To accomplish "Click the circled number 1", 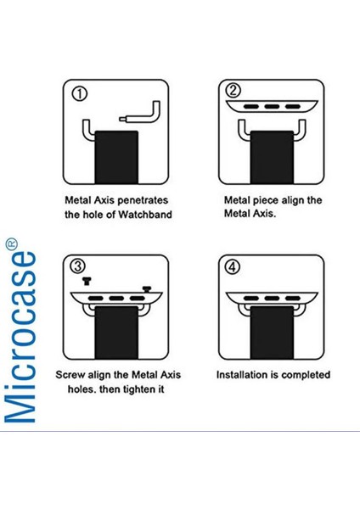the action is [80, 94].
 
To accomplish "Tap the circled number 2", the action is [233, 91].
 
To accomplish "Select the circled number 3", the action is [78, 266].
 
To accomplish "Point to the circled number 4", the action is [233, 267].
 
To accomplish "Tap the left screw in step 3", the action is [87, 281].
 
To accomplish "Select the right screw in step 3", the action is [147, 289].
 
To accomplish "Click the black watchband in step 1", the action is [116, 157].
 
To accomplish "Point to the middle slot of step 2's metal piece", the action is [272, 107].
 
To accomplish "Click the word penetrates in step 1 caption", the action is [143, 200].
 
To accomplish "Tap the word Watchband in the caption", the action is [145, 215].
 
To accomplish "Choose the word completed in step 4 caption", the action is [306, 375].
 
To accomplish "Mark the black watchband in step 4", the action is [272, 333].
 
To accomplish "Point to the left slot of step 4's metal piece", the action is [250, 299].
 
